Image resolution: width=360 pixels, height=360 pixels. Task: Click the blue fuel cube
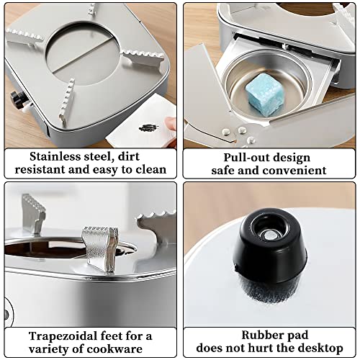point(264,95)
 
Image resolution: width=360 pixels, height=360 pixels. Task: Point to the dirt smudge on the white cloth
point(149,128)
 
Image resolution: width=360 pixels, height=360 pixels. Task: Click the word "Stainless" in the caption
point(55,157)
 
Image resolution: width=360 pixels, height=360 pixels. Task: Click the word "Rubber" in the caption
point(258,336)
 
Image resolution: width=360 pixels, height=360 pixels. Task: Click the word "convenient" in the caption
point(294,171)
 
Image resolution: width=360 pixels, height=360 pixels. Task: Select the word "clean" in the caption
point(151,170)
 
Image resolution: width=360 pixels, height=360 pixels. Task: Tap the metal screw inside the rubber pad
point(269,235)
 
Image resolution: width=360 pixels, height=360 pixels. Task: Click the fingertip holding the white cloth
point(171,123)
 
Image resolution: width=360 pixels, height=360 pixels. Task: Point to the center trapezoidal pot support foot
point(100,248)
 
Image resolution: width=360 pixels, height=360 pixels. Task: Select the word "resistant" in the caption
point(40,170)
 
